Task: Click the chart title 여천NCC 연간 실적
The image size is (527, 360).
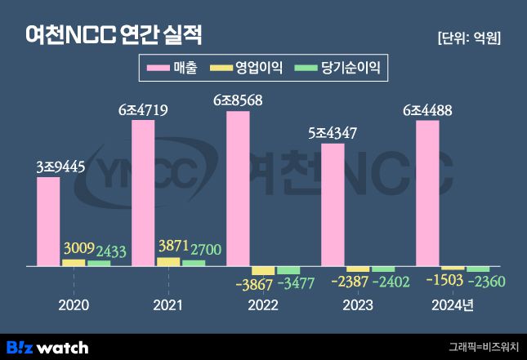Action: [114, 36]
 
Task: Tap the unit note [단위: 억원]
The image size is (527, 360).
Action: [468, 38]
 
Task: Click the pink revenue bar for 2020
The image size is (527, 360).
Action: [48, 221]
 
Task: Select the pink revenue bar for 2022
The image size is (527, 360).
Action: [238, 189]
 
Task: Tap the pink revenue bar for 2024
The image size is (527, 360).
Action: [427, 193]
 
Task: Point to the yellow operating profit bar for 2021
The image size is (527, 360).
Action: [168, 262]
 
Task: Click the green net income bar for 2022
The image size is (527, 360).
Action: [288, 270]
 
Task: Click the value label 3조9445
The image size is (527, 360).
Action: [48, 166]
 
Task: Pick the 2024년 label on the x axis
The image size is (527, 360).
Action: [453, 305]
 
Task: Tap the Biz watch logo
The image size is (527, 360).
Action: [47, 347]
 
